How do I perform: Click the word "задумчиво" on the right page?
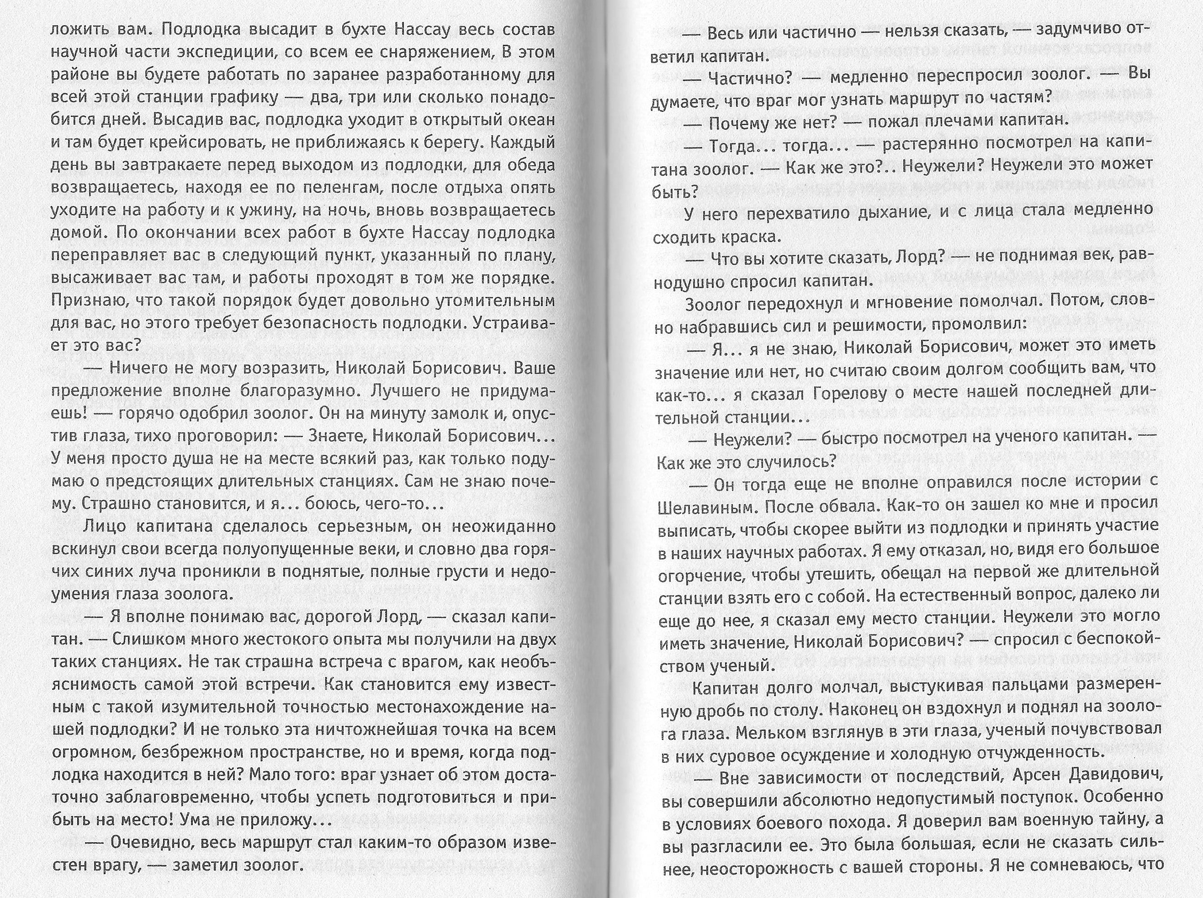pos(1065,31)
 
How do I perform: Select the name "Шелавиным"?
pos(706,507)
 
